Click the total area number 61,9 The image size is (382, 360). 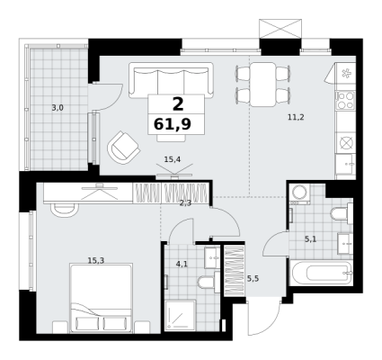point(173,124)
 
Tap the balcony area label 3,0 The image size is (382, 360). point(58,108)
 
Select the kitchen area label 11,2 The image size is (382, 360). point(296,117)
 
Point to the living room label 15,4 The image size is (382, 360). point(173,159)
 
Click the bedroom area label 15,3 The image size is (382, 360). point(96,261)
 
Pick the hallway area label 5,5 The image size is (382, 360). point(253,279)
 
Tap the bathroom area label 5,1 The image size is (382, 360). point(310,239)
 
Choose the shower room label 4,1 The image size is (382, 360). point(182,264)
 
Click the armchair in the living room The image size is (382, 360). point(123,148)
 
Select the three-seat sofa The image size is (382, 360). point(171,80)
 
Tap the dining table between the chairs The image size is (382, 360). point(262,85)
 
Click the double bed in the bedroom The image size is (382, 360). point(101,298)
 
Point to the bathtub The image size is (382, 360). point(321,273)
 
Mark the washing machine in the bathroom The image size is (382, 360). point(299,194)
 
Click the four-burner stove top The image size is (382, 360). point(345,100)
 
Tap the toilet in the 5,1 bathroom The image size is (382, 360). point(342,213)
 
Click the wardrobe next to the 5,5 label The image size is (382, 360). point(235,271)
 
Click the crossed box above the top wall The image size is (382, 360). point(280,29)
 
